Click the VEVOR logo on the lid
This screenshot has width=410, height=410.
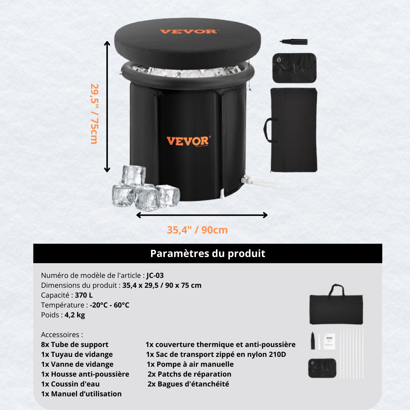[188, 31]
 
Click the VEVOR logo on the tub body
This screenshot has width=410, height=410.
[188, 141]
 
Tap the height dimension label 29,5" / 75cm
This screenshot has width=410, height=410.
[94, 114]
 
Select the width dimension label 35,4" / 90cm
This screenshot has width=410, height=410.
[197, 230]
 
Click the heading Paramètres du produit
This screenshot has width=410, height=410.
[207, 254]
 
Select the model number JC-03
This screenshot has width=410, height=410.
[155, 276]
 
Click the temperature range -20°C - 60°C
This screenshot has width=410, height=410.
[109, 305]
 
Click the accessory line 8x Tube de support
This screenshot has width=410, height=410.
[75, 345]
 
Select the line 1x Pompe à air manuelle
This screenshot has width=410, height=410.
[190, 364]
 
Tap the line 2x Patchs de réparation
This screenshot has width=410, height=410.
[189, 374]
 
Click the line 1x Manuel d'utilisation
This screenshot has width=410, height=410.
[81, 394]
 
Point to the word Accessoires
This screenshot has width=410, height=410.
[61, 335]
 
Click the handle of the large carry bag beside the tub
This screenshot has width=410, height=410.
[269, 130]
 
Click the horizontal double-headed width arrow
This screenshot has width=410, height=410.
[202, 215]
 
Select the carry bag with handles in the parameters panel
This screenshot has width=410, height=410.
[336, 306]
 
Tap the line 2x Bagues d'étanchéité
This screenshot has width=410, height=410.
[188, 384]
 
